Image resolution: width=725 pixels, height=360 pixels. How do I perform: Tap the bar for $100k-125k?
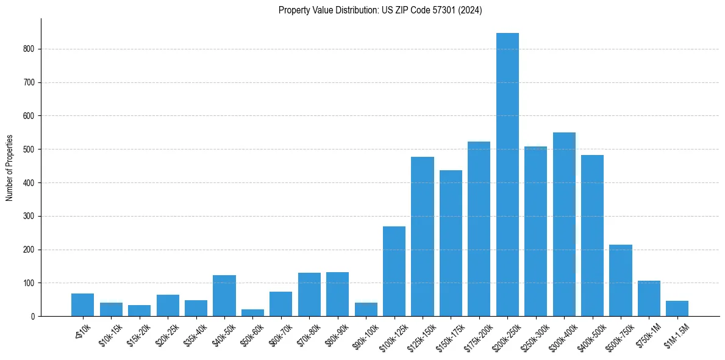coord(394,272)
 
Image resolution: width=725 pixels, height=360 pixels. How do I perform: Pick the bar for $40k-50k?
coord(224,296)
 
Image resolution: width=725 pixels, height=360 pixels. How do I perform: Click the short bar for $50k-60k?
coord(252,312)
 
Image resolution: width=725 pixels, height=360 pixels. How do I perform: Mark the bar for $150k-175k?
coord(451,243)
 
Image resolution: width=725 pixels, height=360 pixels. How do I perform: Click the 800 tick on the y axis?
coord(30,49)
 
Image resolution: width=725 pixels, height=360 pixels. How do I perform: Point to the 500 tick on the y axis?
coord(30,149)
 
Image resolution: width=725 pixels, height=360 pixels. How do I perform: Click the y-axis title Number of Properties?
coord(9,168)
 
